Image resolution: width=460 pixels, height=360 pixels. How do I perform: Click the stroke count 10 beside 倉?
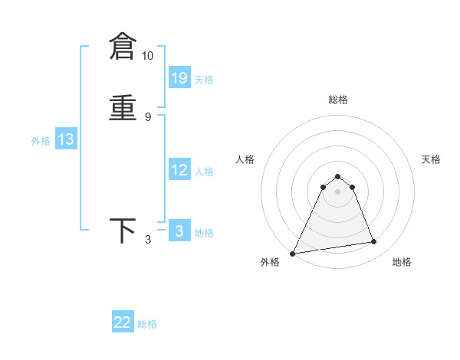coord(147,56)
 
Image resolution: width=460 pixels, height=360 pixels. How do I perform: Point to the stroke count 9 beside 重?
coord(147,116)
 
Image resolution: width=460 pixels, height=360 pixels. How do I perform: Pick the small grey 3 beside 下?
coord(147,240)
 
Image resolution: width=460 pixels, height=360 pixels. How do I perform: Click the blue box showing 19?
coord(179,77)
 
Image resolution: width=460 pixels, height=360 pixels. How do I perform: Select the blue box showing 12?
coord(179,170)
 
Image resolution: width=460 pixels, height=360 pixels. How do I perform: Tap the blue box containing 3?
coord(179,231)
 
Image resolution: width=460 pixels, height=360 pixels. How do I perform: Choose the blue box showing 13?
coord(66,139)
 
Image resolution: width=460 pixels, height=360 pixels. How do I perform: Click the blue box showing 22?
coord(123,322)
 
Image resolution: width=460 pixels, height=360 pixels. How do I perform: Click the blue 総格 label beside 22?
coord(147,324)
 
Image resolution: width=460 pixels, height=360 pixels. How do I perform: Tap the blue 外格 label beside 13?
coord(41,141)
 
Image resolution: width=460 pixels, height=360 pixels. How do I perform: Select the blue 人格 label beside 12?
coord(204,172)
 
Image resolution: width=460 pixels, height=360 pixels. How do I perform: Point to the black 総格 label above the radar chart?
coord(337,100)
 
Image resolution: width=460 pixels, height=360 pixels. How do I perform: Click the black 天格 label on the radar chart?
coord(431,159)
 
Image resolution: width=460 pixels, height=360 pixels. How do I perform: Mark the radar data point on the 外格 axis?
coord(293,254)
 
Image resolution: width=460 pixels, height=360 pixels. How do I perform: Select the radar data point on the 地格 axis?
coord(374,242)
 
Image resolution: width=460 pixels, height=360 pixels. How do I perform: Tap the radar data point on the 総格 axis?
coord(337,177)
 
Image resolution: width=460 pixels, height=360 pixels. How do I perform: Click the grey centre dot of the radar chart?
coord(337,192)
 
